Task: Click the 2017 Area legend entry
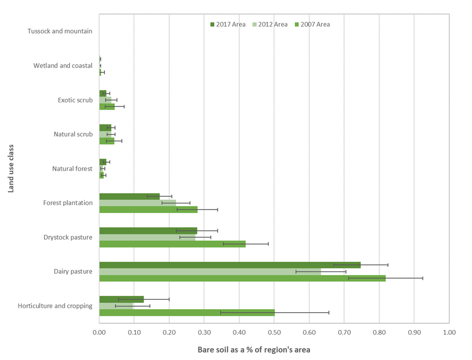(228, 24)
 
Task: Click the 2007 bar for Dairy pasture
(242, 278)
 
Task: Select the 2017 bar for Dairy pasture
(230, 265)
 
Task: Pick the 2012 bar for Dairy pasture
(210, 271)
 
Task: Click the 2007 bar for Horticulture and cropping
(187, 312)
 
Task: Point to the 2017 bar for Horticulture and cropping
(122, 299)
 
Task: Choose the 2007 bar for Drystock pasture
(173, 244)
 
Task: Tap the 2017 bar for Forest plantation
(129, 196)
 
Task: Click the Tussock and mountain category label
(60, 31)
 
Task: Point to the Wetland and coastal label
(63, 66)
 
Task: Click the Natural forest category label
(72, 169)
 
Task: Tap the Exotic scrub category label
(75, 100)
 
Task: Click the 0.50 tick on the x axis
(274, 333)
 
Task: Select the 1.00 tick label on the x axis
(449, 333)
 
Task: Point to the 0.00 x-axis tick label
(99, 333)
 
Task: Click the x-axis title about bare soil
(254, 350)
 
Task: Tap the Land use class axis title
(11, 169)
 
